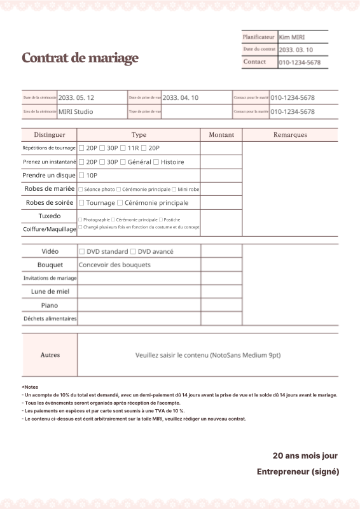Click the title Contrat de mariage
tap(80, 59)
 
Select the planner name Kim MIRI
tap(292, 38)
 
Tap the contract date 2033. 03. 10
tap(296, 50)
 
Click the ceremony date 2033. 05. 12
tap(76, 98)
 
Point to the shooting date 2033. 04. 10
tap(181, 98)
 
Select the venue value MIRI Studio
tap(76, 111)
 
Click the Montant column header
tap(221, 135)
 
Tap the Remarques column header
tap(290, 135)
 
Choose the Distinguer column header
tap(50, 135)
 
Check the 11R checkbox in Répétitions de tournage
tap(123, 148)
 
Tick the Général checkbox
tap(123, 162)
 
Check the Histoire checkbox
tap(156, 162)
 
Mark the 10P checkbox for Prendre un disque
tap(81, 176)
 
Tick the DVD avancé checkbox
tap(133, 252)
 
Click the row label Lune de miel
tap(50, 291)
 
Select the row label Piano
tap(50, 305)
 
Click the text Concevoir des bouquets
tap(115, 265)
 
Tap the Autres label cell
tap(50, 355)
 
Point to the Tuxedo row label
tap(50, 216)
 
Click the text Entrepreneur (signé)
tap(298, 471)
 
